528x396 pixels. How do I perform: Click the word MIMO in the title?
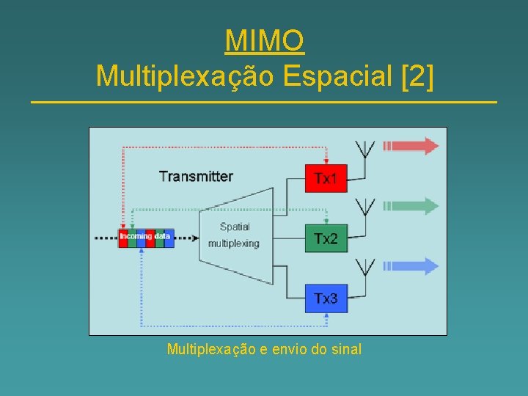(264, 41)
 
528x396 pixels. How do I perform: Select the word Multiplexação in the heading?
(184, 75)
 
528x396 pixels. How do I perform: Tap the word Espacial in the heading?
(337, 75)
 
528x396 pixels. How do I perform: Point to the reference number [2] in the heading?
(418, 75)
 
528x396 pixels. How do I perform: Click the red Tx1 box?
(326, 178)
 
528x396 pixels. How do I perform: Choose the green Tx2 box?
(326, 238)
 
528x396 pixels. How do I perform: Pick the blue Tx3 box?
(326, 298)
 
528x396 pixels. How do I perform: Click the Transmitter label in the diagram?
(196, 176)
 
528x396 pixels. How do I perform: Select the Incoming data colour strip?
(146, 237)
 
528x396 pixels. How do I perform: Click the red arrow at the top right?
(411, 145)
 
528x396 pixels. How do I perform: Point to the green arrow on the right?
(411, 206)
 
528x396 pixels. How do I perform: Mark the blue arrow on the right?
(411, 266)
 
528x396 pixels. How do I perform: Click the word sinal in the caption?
(346, 349)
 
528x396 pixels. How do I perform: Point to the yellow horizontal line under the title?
(264, 101)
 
